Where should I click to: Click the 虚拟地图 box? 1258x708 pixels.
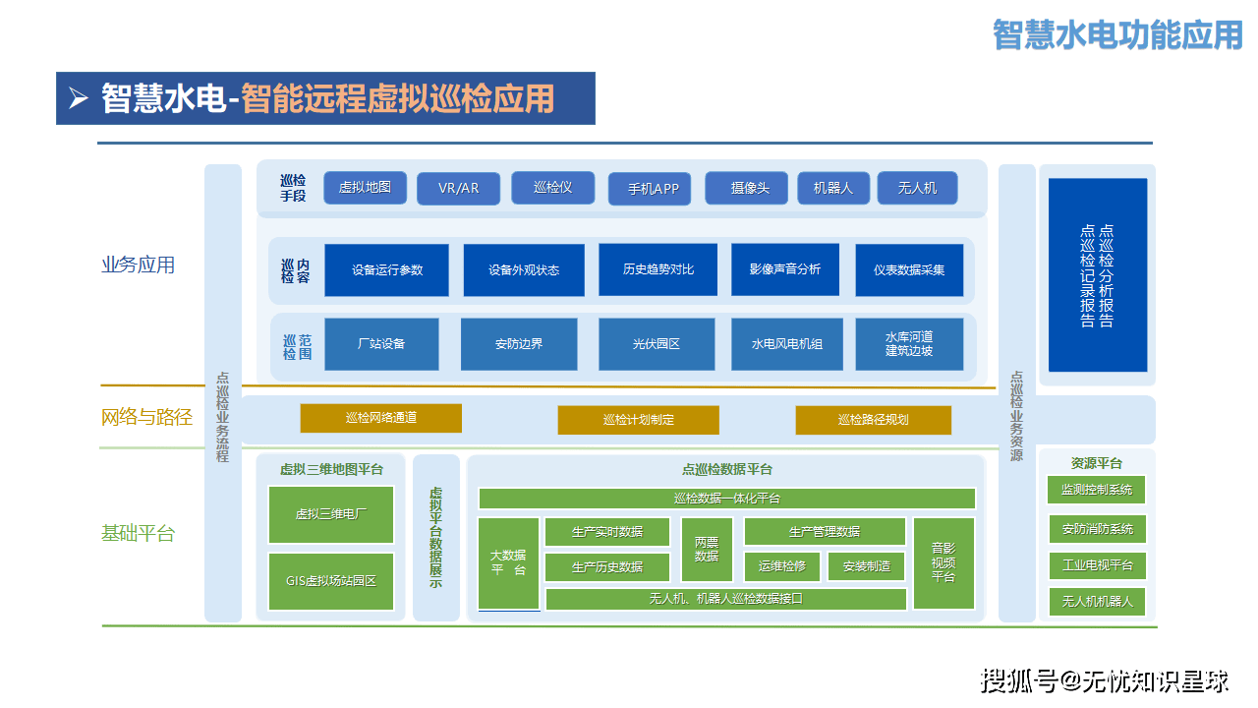point(365,188)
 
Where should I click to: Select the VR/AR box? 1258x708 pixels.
point(458,189)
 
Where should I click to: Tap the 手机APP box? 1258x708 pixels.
point(649,189)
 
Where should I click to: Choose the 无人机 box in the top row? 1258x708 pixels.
point(917,189)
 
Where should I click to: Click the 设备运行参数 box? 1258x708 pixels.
point(386,269)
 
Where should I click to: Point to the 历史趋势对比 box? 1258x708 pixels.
point(658,269)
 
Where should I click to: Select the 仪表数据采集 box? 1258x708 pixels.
point(909,269)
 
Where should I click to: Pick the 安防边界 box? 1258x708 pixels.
point(519,344)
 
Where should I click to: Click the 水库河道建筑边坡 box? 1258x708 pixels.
point(909,344)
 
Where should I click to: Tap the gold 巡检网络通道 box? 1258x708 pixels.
point(380,418)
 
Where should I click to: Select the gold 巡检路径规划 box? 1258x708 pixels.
point(873,420)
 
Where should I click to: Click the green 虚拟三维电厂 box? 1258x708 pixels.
point(331,514)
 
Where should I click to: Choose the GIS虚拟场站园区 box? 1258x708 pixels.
point(331,581)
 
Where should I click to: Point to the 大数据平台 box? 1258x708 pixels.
point(508,563)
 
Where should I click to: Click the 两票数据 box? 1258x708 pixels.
point(707,549)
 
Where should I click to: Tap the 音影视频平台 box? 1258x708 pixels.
point(943,563)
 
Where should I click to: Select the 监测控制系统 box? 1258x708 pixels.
point(1097,490)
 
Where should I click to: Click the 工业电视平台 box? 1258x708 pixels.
point(1097,566)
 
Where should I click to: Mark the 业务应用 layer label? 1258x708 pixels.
point(139,265)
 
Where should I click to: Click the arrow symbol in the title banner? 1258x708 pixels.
point(79,98)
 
